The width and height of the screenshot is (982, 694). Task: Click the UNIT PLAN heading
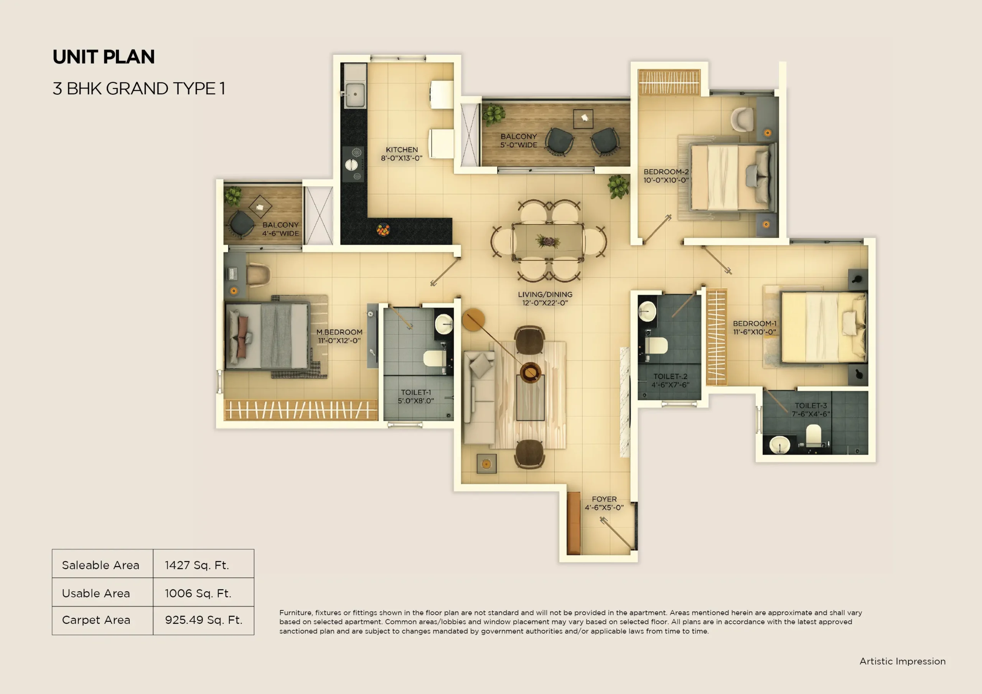tap(104, 57)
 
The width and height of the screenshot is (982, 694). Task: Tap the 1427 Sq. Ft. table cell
tap(197, 565)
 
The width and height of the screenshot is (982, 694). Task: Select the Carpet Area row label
tap(96, 620)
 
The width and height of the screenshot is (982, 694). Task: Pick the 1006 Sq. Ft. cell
tap(198, 593)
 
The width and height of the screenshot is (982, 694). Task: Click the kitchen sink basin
tap(354, 94)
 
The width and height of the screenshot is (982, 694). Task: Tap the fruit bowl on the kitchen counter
tap(383, 230)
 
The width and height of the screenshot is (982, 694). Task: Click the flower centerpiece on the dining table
tap(547, 242)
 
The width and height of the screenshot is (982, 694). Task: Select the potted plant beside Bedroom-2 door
tap(618, 186)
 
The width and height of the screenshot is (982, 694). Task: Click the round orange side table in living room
tap(473, 319)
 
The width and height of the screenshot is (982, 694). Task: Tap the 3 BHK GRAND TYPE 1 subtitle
tap(138, 89)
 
